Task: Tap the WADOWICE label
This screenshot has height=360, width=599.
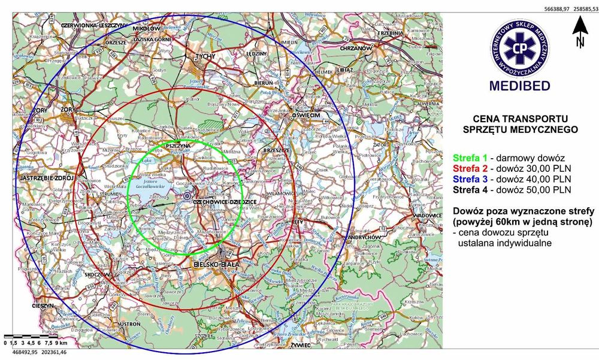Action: click(428, 215)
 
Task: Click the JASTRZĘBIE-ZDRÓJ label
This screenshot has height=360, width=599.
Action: click(46, 179)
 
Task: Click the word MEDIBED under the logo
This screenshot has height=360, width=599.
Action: click(519, 86)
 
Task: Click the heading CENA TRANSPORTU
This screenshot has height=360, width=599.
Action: click(520, 119)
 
